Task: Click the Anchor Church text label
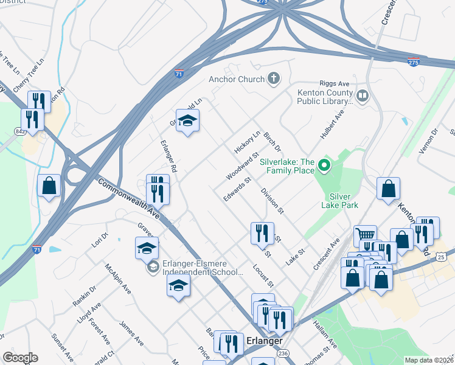click(237, 79)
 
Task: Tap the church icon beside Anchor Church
click(274, 78)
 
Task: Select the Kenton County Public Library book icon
click(363, 96)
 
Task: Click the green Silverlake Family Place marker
click(324, 165)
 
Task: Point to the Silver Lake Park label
click(344, 201)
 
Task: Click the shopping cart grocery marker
click(364, 235)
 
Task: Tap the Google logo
click(19, 358)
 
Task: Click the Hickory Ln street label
click(247, 142)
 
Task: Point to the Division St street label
click(272, 201)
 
